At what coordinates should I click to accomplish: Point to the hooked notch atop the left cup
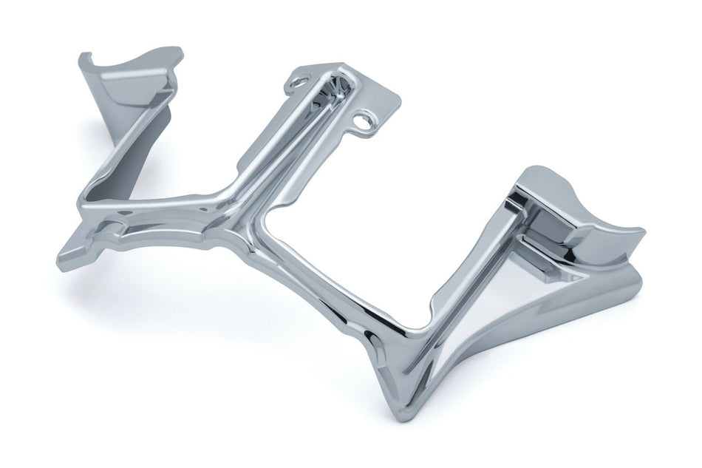(86, 57)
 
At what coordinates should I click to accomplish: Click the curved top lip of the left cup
(140, 59)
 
